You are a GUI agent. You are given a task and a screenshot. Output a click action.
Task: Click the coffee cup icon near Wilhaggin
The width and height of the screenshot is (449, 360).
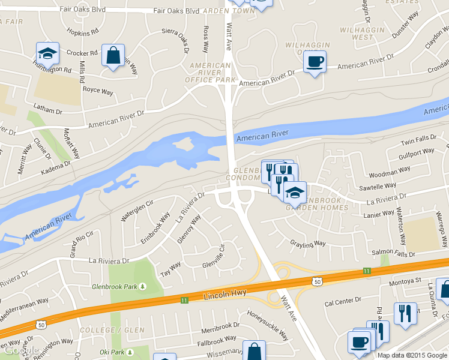(315, 61)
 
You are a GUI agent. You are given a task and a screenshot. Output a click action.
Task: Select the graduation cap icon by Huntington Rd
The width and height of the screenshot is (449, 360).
(47, 53)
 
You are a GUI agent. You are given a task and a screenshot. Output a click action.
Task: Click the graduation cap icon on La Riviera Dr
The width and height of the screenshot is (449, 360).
(295, 193)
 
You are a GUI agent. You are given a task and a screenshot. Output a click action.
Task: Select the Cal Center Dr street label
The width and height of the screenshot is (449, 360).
(343, 300)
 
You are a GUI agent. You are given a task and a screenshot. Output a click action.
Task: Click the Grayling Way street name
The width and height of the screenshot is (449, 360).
(307, 244)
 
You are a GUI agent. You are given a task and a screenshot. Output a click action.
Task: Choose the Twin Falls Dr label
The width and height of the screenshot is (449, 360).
(418, 139)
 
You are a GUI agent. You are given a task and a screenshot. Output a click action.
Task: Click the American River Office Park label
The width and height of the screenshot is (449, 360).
(210, 72)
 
